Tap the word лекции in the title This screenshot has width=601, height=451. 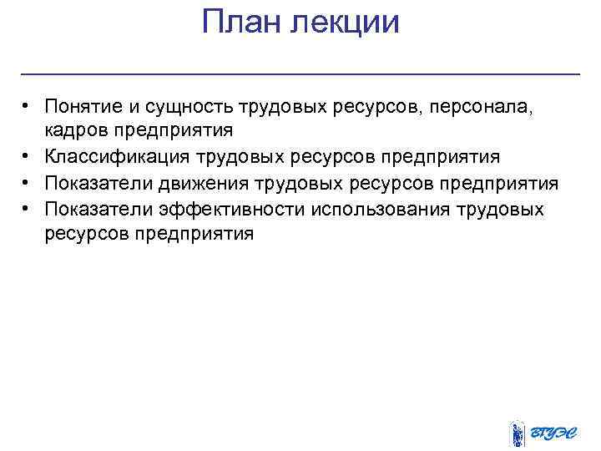pos(344,23)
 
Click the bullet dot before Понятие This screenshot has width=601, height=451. pos(28,107)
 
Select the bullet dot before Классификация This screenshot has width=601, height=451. pos(28,157)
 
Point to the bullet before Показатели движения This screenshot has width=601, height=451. pos(28,183)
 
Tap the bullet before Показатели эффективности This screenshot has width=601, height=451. pos(28,209)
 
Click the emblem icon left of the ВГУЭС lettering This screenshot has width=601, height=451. pos(518,433)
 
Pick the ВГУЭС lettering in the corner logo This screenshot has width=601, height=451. pos(555,433)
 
